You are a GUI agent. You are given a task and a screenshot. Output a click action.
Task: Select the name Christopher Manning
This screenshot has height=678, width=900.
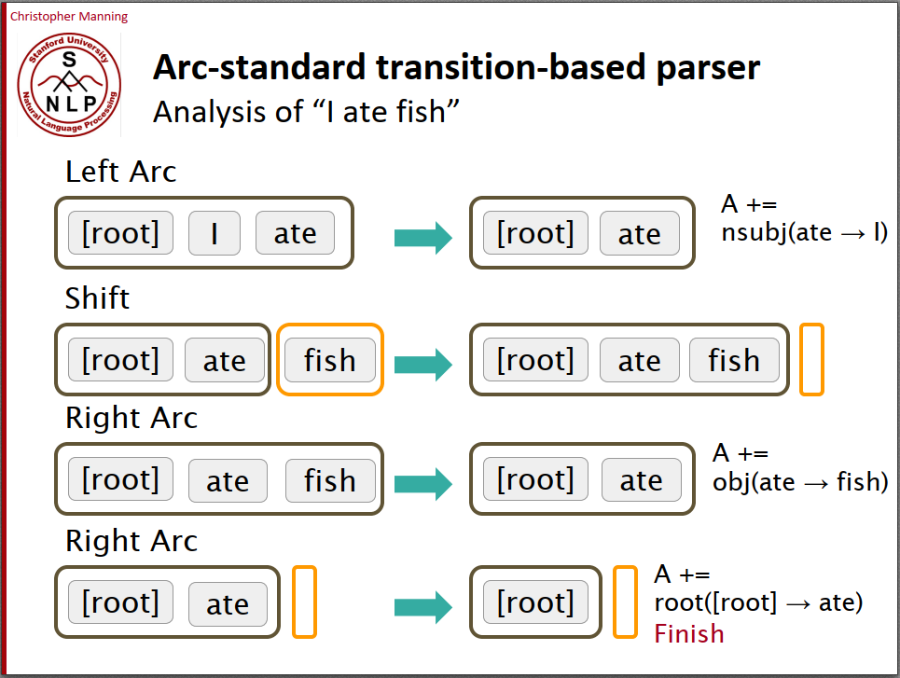69,17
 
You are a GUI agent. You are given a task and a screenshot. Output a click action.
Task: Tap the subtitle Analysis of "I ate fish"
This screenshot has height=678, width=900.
308,112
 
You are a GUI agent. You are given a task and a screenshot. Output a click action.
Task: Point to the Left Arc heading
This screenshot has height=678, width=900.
120,172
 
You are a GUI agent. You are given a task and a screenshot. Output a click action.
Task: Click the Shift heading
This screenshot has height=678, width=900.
97,298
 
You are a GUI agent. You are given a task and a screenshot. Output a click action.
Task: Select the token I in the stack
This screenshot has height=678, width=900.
214,233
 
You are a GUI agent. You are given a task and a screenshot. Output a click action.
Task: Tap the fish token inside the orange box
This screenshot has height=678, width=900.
330,360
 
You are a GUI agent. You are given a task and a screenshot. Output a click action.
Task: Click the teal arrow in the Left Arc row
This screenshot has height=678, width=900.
422,237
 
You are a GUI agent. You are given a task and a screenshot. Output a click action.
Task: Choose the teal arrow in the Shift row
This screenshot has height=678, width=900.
422,363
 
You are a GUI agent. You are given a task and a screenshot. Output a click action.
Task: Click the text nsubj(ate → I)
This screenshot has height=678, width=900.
804,232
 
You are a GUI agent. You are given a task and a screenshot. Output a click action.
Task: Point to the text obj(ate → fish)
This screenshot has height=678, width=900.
799,481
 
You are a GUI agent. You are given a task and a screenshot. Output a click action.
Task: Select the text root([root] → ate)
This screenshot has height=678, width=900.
758,602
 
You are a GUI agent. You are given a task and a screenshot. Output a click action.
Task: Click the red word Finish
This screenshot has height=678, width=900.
688,634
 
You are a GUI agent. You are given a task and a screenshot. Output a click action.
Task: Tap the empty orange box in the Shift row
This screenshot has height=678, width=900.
811,359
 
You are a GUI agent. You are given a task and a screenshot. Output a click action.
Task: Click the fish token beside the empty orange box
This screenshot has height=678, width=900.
734,360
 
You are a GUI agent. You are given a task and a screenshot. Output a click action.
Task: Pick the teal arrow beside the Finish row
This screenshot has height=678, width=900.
422,607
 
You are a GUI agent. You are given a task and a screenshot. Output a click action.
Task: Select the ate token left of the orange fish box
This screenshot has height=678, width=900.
225,361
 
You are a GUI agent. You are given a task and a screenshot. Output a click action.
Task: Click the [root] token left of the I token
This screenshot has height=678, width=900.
120,233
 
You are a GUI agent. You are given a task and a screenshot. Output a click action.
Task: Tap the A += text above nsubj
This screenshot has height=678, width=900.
749,204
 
